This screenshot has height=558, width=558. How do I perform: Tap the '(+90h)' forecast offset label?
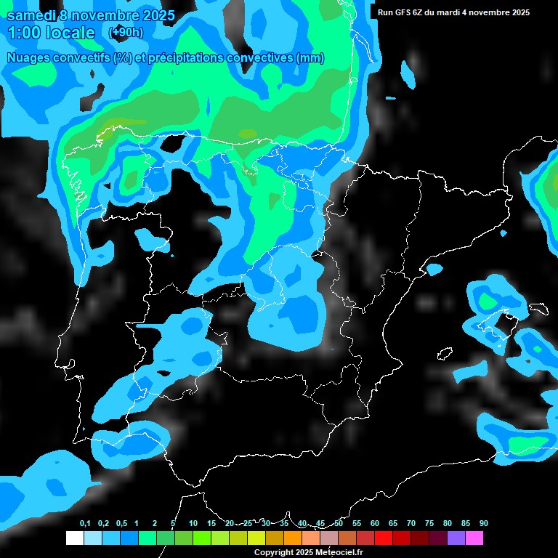[x=126, y=32]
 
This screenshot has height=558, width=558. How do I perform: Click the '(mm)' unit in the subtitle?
[x=310, y=58]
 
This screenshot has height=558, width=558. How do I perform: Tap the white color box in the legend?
[x=74, y=538]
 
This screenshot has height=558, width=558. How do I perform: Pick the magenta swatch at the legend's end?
[x=474, y=538]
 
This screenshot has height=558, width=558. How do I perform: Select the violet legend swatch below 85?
[x=456, y=538]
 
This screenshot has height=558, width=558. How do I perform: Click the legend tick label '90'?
[x=484, y=523]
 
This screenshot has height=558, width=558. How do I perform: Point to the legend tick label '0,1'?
[x=85, y=523]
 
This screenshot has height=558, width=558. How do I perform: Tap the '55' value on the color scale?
[x=357, y=523]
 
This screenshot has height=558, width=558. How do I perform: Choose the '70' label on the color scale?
[x=411, y=523]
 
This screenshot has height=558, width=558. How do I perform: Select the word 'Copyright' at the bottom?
[x=273, y=552]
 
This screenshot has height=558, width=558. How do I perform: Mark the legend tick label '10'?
[x=193, y=523]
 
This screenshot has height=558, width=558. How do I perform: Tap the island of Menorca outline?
[x=538, y=310]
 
